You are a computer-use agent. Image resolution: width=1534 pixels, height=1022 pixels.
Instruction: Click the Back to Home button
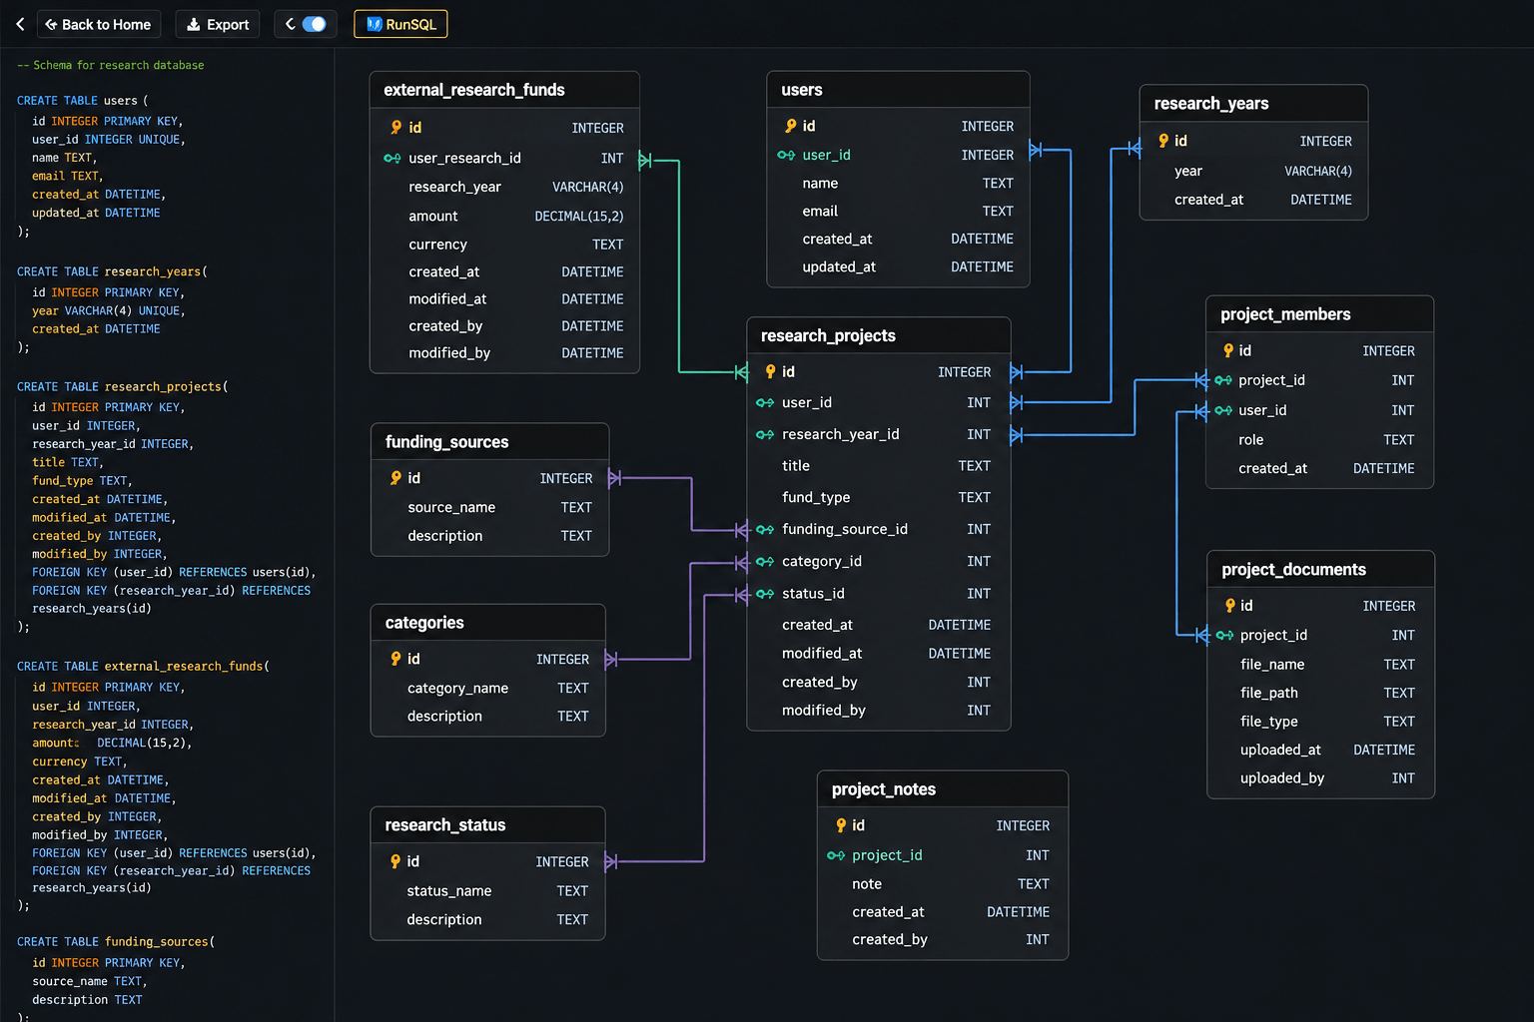point(99,25)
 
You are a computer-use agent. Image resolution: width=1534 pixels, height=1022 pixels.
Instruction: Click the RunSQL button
point(400,25)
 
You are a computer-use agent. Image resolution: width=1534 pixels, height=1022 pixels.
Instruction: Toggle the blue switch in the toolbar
point(315,25)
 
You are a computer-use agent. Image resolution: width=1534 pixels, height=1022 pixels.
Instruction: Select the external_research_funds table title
point(474,90)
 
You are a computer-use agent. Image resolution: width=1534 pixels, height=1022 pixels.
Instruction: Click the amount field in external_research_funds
point(432,217)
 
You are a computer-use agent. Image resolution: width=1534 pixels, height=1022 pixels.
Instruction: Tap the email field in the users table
point(820,211)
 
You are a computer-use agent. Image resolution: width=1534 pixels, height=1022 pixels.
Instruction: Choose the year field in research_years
point(1188,171)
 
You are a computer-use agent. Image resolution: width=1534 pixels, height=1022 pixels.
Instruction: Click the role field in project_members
point(1250,439)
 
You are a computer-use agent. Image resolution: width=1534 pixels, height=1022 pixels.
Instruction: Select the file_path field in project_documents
point(1268,693)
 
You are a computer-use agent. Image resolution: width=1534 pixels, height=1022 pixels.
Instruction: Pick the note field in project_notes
point(866,883)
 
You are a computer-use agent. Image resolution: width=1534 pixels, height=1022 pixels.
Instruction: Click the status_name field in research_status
point(448,890)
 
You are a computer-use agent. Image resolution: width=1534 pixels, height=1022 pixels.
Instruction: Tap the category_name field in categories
point(457,688)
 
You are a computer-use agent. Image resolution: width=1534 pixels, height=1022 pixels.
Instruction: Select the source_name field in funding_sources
point(451,507)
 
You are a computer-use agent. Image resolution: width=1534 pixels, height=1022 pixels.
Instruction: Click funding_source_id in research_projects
point(844,529)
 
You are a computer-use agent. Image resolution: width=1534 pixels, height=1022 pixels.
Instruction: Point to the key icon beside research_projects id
point(770,371)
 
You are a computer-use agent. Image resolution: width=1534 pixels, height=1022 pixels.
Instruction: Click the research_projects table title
point(828,335)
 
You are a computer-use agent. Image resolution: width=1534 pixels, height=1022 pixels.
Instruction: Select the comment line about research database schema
point(110,65)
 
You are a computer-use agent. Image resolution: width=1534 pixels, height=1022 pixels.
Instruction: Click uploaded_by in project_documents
point(1282,778)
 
